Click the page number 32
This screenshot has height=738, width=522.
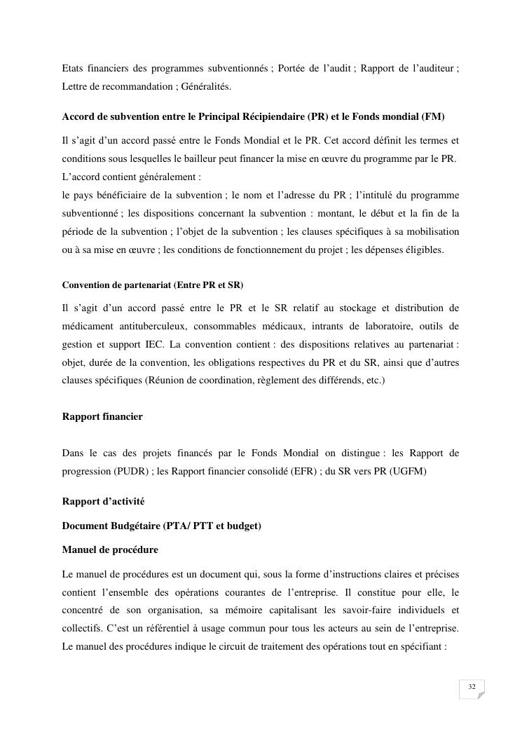coord(472,686)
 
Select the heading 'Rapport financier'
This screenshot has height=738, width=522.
coord(102,416)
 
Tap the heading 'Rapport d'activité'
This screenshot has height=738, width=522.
coord(104,501)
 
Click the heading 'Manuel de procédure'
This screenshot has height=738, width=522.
coord(110,549)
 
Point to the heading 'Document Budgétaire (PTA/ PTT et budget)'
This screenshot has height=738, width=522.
coord(162,525)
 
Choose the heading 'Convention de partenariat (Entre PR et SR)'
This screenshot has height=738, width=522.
coord(153,285)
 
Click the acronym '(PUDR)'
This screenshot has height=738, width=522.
coord(130,471)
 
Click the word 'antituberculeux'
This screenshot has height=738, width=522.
coord(153,326)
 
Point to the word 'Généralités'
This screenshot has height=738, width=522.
coord(210,86)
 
